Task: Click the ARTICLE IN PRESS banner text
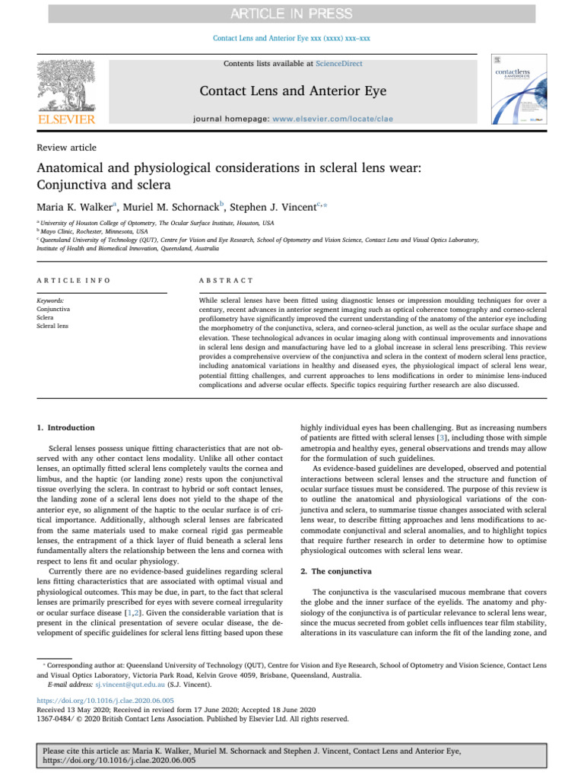pos(292,14)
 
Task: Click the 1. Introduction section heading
pos(66,428)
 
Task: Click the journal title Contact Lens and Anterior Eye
pos(292,92)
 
